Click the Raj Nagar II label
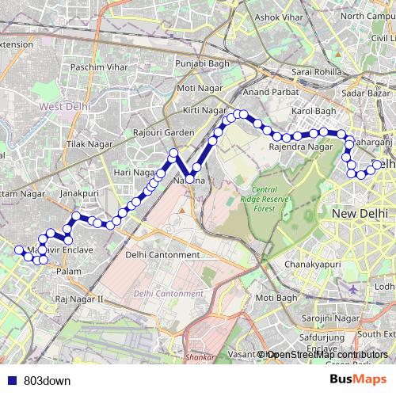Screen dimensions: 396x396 click(x=80, y=299)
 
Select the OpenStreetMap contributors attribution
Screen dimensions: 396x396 click(x=325, y=355)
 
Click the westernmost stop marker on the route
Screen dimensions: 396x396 click(x=19, y=250)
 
